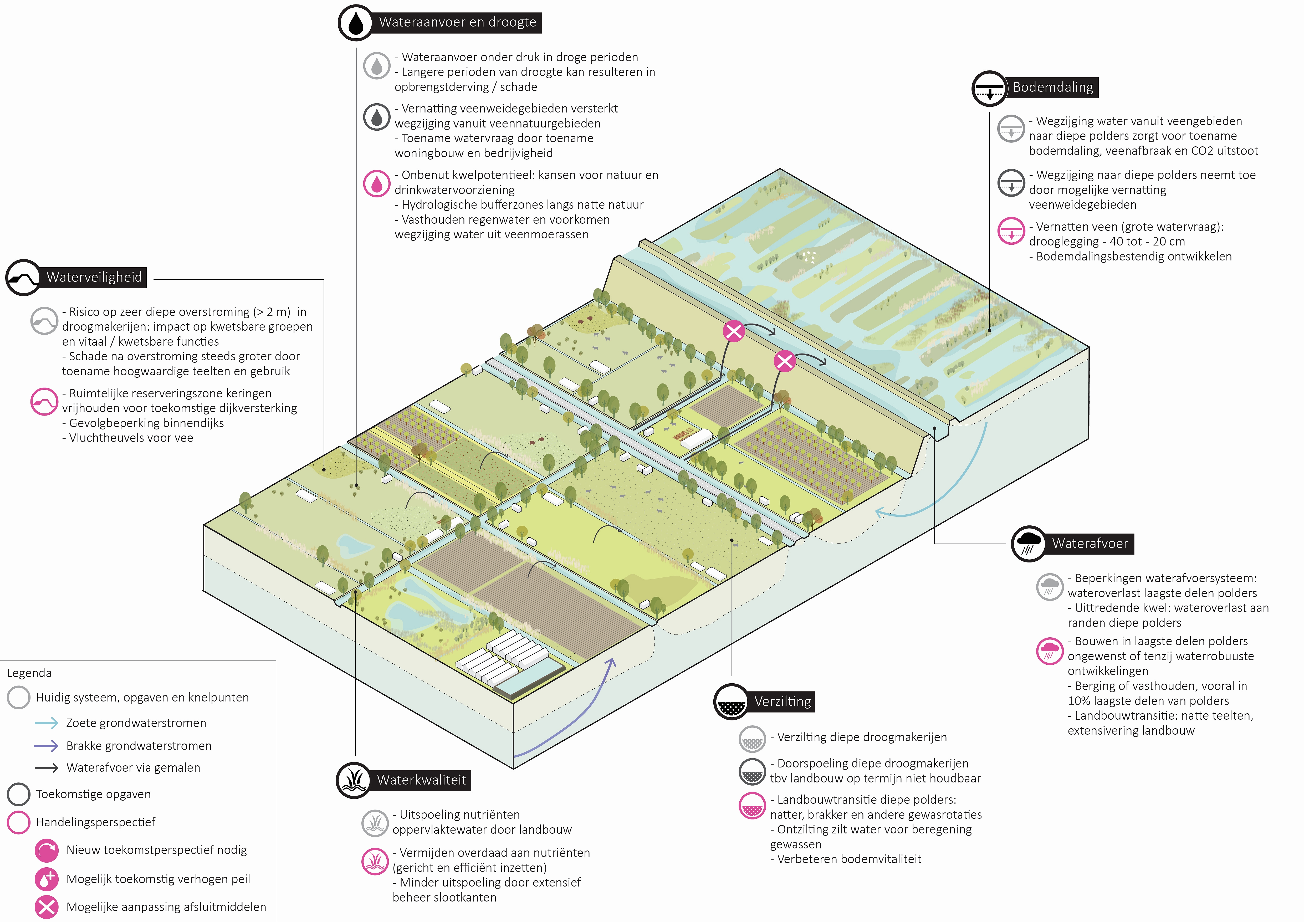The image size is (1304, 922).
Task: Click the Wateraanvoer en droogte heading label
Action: (x=457, y=22)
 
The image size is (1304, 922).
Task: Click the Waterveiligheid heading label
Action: (x=94, y=277)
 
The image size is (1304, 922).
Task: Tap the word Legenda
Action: (x=29, y=673)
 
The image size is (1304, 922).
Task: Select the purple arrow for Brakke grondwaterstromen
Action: (x=47, y=745)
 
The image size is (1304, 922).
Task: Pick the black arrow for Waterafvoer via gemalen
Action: (x=47, y=767)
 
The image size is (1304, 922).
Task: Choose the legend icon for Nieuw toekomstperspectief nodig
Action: (x=47, y=850)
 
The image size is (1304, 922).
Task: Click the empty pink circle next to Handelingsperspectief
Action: (x=19, y=822)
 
